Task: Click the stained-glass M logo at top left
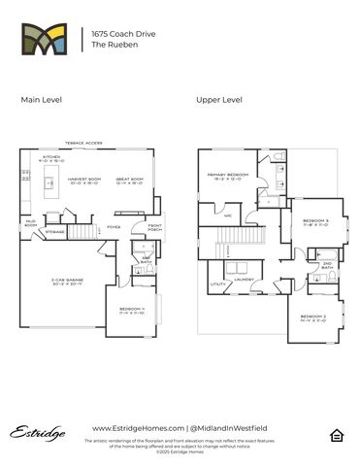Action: (45, 40)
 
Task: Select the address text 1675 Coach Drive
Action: (115, 33)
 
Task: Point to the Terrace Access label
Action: (82, 143)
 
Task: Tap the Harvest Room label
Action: (84, 181)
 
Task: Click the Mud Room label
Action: (30, 224)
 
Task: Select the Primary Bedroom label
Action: (229, 177)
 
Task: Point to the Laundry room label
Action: (244, 280)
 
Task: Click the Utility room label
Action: (216, 284)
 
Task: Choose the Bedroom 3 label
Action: (316, 222)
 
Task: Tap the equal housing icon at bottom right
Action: (335, 432)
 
